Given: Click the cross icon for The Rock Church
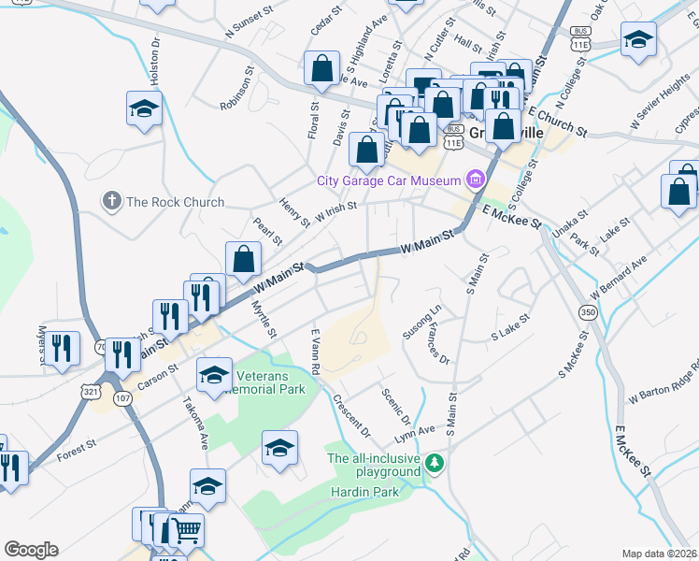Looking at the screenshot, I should tap(111, 201).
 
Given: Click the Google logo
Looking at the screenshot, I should tap(31, 550).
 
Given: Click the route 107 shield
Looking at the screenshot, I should tap(122, 397).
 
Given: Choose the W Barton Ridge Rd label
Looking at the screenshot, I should tap(663, 381).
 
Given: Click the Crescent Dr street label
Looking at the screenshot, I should tap(352, 415).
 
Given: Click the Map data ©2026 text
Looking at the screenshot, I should tap(659, 554).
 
